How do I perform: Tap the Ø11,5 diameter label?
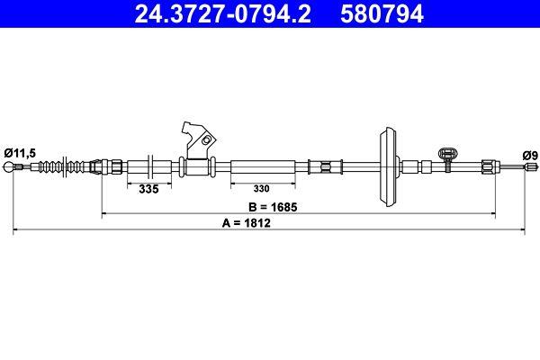(20, 154)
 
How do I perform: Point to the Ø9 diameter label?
(530, 155)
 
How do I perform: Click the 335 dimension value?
(148, 190)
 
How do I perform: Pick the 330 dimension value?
(261, 190)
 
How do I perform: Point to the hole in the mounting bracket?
(206, 140)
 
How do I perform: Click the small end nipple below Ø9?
(526, 166)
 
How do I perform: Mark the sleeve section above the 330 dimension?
(262, 166)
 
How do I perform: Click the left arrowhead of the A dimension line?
(15, 231)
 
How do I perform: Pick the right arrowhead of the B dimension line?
(494, 214)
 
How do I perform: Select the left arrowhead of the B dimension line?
(105, 214)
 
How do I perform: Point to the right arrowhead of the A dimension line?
(524, 231)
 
